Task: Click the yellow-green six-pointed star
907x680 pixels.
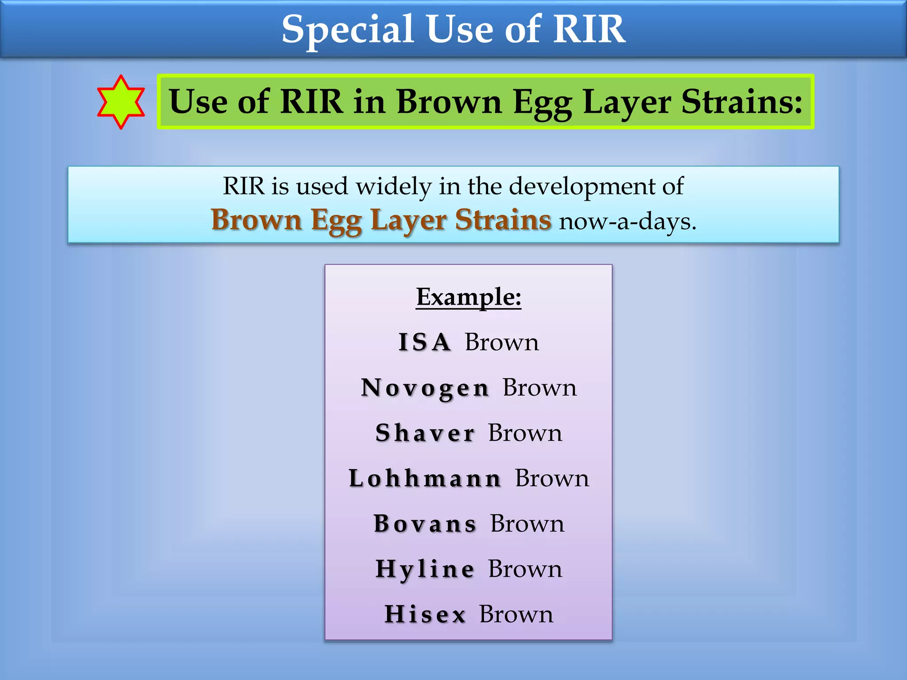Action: point(121,102)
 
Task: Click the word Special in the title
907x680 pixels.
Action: point(348,30)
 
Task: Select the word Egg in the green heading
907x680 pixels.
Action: point(542,103)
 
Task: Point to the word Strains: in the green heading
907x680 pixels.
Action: point(741,102)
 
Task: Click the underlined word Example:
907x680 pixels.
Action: point(469,297)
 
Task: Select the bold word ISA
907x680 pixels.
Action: point(424,342)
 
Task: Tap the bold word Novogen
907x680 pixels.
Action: point(425,388)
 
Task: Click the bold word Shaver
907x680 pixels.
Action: point(425,433)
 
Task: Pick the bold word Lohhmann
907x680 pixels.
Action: point(425,479)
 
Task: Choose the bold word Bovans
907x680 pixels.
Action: point(425,524)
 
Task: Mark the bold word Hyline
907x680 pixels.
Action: point(425,569)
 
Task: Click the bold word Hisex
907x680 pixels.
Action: point(425,614)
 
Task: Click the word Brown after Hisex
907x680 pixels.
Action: point(516,614)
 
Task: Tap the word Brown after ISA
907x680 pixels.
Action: point(502,342)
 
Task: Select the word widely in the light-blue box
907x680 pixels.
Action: point(394,186)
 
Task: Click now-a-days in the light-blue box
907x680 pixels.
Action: point(627,221)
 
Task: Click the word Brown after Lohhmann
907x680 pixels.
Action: point(552,479)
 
